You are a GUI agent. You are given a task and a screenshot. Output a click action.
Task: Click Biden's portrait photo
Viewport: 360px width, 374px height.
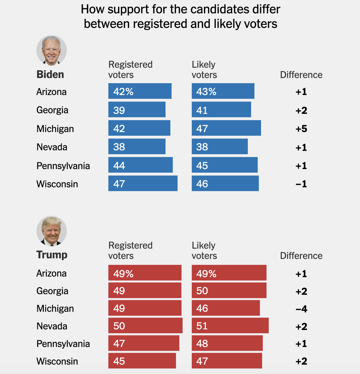[x=52, y=50]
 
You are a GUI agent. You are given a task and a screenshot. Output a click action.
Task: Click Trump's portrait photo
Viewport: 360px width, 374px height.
[x=52, y=231]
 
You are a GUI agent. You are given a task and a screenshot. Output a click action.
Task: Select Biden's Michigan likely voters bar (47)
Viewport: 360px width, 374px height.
[x=226, y=128]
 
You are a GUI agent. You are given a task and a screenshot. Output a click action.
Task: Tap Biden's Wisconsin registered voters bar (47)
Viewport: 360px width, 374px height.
[x=143, y=183]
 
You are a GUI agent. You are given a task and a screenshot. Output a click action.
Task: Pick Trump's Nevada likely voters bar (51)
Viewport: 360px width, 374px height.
[x=230, y=325]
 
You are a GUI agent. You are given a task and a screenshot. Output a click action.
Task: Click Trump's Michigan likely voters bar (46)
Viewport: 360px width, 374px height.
[x=226, y=308]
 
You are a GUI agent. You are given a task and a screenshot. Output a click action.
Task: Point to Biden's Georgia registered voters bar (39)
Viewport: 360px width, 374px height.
[x=137, y=110]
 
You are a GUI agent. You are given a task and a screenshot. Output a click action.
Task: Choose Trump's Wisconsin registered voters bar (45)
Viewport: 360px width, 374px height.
[x=142, y=361]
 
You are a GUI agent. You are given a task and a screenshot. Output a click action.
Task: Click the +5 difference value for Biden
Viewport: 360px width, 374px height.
[x=301, y=129]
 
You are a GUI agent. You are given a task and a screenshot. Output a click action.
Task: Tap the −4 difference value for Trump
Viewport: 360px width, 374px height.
[x=301, y=309]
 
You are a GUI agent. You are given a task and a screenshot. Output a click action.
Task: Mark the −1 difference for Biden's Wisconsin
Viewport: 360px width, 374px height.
[x=301, y=184]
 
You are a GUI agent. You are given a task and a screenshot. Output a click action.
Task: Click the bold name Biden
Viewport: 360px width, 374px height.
[x=50, y=74]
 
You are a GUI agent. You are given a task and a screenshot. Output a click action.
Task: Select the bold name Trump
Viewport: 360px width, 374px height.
[x=52, y=255]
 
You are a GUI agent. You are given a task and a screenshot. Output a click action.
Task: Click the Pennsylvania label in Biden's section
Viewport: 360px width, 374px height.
[x=63, y=166]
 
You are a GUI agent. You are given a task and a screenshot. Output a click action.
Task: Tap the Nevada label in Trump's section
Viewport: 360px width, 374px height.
[x=52, y=326]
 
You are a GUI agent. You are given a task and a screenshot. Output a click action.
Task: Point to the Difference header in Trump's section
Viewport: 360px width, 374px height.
[x=301, y=256]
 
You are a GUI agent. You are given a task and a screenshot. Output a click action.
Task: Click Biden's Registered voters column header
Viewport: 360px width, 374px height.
[x=130, y=70]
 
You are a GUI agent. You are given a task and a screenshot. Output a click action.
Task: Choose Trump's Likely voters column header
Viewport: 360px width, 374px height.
[x=204, y=250]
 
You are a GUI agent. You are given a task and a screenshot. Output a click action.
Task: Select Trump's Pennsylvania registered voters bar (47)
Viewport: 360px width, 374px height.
[x=144, y=343]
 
